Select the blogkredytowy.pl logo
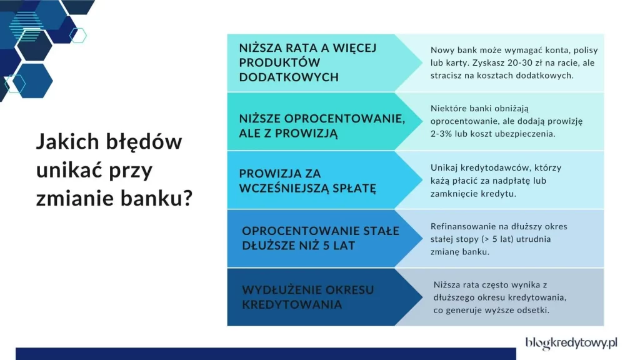(571, 342)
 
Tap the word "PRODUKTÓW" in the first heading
(279, 62)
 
